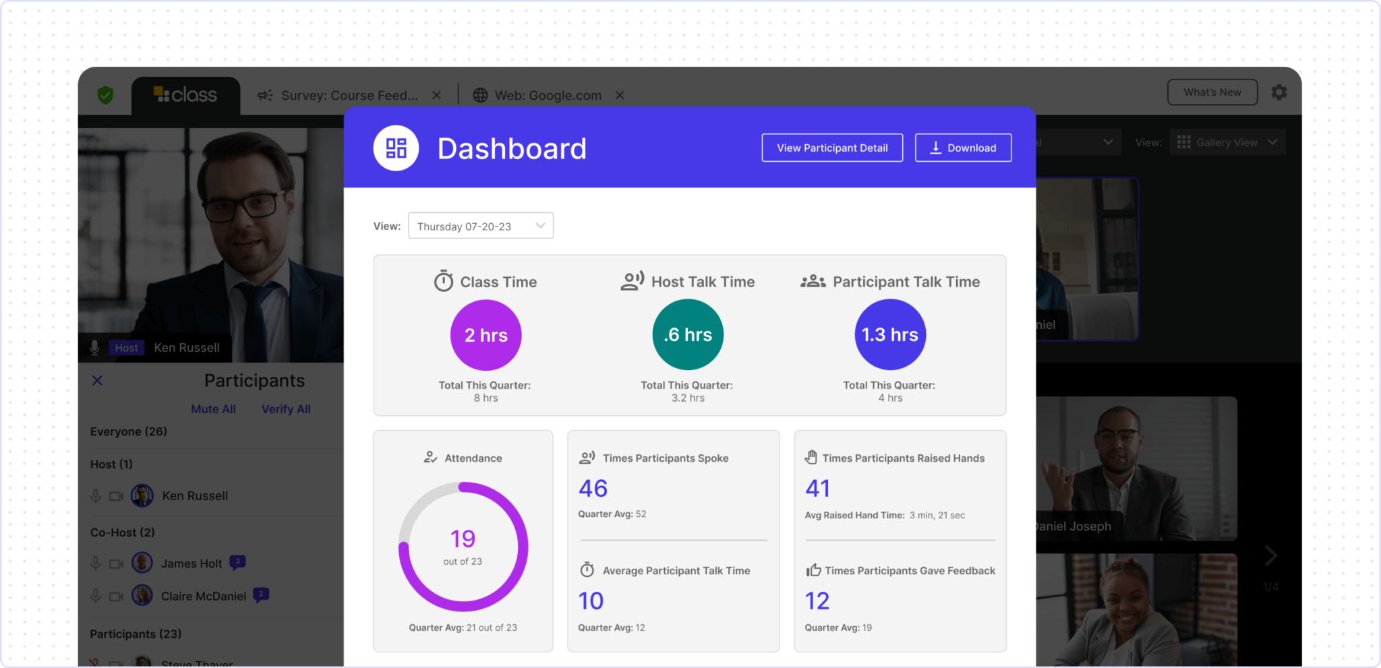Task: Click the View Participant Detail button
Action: [x=832, y=148]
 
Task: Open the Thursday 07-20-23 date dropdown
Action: [x=480, y=226]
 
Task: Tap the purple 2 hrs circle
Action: [x=486, y=335]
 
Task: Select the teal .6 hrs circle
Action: [x=688, y=335]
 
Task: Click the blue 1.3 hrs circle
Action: [x=890, y=335]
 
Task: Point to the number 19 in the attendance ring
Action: [x=463, y=539]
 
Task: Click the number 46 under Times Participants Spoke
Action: [x=593, y=489]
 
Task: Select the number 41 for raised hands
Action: [x=818, y=489]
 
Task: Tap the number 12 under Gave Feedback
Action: [x=817, y=601]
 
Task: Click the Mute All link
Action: [x=213, y=409]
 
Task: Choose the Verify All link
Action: [x=286, y=409]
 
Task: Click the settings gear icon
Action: [x=1279, y=92]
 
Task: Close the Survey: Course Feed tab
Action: [x=436, y=96]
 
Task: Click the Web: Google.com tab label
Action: [x=548, y=96]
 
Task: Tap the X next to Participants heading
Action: [x=98, y=381]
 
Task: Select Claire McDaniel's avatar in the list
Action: [x=142, y=596]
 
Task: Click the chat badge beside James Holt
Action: [x=237, y=562]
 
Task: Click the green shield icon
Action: [x=105, y=95]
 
